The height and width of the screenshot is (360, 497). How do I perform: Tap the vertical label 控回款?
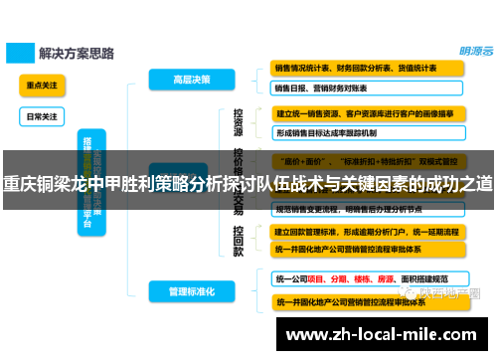[238, 240]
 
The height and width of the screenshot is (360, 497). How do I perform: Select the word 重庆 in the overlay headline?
[17, 183]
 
